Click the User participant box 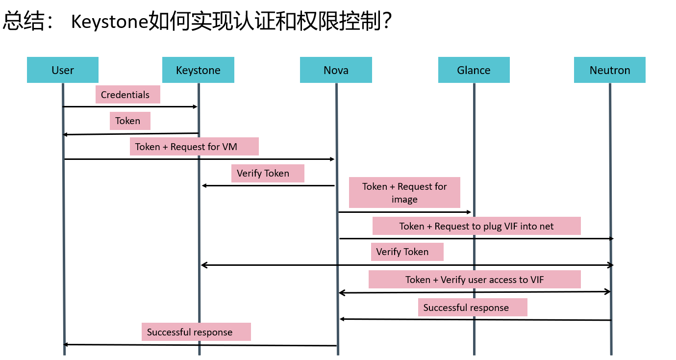pyautogui.click(x=63, y=70)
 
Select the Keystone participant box pyautogui.click(x=198, y=70)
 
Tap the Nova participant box pyautogui.click(x=336, y=70)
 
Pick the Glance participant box pyautogui.click(x=474, y=70)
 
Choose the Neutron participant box pyautogui.click(x=609, y=70)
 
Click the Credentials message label pyautogui.click(x=127, y=95)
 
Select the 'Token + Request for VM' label pyautogui.click(x=194, y=147)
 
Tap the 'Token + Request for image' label pyautogui.click(x=404, y=192)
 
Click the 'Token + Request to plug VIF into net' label pyautogui.click(x=476, y=226)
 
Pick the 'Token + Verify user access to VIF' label pyautogui.click(x=475, y=280)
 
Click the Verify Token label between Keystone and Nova pyautogui.click(x=268, y=173)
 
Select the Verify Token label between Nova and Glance pyautogui.click(x=407, y=252)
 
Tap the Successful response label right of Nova pyautogui.click(x=473, y=308)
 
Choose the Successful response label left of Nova pyautogui.click(x=196, y=332)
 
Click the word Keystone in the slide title pyautogui.click(x=109, y=22)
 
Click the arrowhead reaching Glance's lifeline pyautogui.click(x=469, y=212)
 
